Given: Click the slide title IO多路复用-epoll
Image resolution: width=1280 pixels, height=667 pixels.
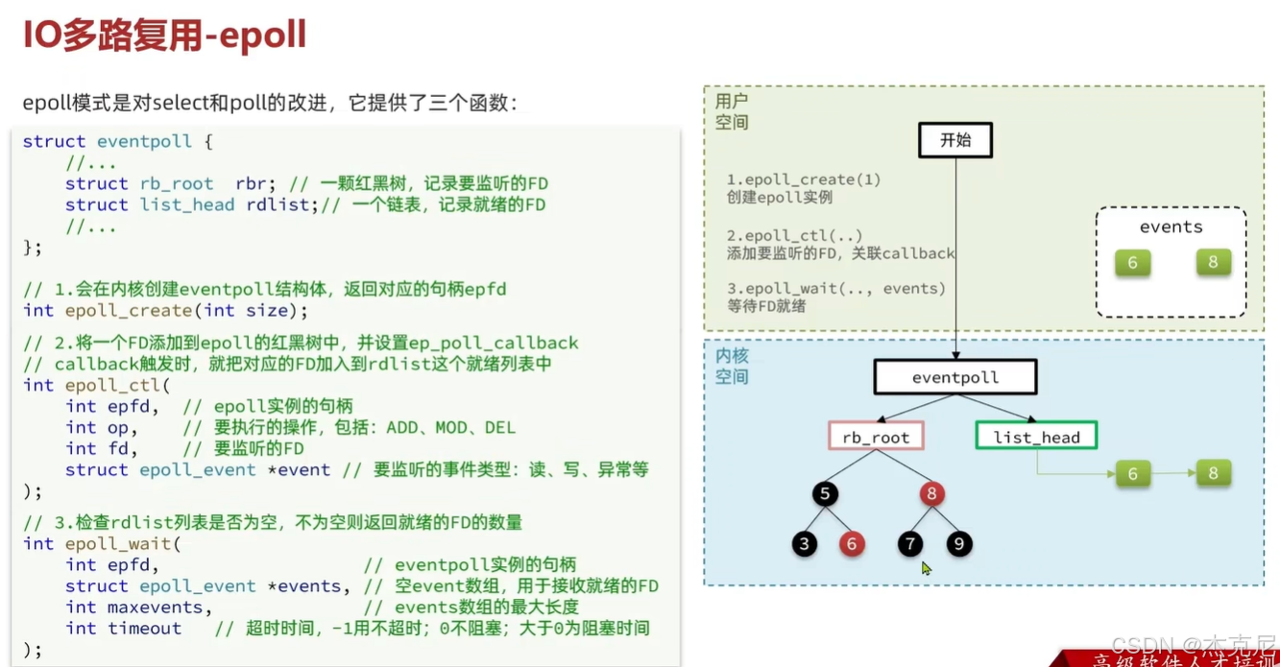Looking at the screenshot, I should tap(164, 36).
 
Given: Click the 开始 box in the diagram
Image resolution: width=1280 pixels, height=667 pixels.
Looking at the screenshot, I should tap(954, 140).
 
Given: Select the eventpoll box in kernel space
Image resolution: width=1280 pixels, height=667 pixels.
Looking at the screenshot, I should tap(954, 377).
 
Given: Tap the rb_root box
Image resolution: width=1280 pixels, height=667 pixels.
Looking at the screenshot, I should tap(876, 437).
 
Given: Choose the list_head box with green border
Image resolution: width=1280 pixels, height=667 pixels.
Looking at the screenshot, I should tap(1036, 437).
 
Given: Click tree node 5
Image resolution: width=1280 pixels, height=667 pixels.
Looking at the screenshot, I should tap(824, 494).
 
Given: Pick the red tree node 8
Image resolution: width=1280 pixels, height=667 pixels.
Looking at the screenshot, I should tap(930, 494).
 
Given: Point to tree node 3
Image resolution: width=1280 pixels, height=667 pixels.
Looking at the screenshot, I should tap(805, 544).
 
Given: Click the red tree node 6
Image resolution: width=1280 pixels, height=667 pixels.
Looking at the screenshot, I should tap(851, 544).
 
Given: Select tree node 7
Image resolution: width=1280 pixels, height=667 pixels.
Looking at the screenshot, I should tap(909, 544).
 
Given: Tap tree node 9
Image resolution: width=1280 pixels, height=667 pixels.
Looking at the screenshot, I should tap(958, 544).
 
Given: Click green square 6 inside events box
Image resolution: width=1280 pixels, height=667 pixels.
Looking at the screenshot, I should tap(1132, 263).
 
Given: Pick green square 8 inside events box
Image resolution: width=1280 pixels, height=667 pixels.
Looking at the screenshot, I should tap(1213, 263).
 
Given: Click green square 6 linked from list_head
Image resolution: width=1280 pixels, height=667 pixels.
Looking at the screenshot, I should tap(1132, 473).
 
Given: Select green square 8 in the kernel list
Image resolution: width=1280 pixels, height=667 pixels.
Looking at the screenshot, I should tap(1213, 473).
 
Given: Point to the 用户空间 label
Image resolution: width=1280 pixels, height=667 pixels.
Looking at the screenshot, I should tap(731, 111).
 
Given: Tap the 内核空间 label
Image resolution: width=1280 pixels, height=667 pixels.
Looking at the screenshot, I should tap(731, 366).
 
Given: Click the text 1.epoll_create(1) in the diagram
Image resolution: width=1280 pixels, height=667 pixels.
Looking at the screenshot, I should tap(803, 179).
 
